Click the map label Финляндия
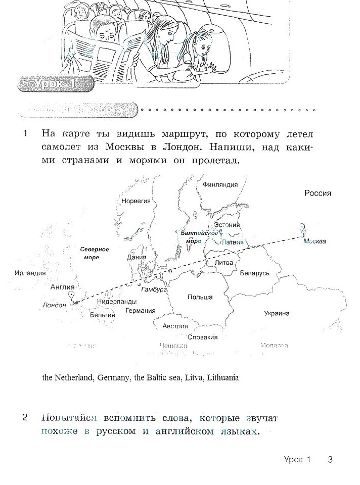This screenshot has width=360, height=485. [x=220, y=185]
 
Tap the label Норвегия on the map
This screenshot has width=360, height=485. [x=136, y=201]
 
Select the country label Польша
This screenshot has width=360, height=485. [x=200, y=298]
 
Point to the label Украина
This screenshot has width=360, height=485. [x=277, y=314]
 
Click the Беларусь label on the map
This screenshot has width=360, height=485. [x=254, y=273]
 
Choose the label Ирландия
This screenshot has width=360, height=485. [x=30, y=273]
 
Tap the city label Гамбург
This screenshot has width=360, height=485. [x=154, y=290]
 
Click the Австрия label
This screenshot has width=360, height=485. [x=175, y=326]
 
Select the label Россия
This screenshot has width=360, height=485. [x=318, y=193]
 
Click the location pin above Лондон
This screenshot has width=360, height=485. [x=72, y=296]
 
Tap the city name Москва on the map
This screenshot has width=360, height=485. [x=315, y=241]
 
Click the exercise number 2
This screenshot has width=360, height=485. [x=25, y=418]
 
